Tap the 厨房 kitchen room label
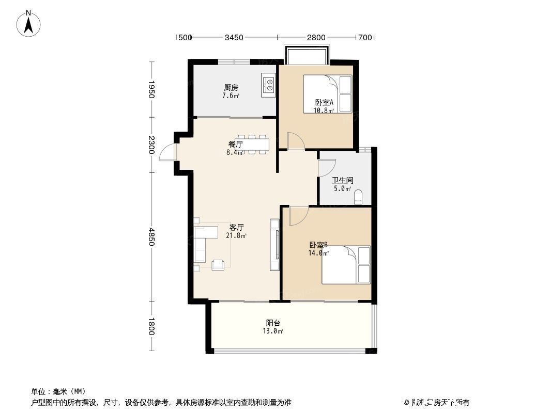point(231,88)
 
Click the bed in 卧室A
point(327,93)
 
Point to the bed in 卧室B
point(346,265)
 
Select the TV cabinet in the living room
point(275,245)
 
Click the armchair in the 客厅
point(219,264)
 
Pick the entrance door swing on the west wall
point(168,153)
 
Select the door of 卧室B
point(298,215)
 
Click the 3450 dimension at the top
point(234,37)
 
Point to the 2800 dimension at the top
point(316,37)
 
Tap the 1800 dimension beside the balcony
point(151,326)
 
